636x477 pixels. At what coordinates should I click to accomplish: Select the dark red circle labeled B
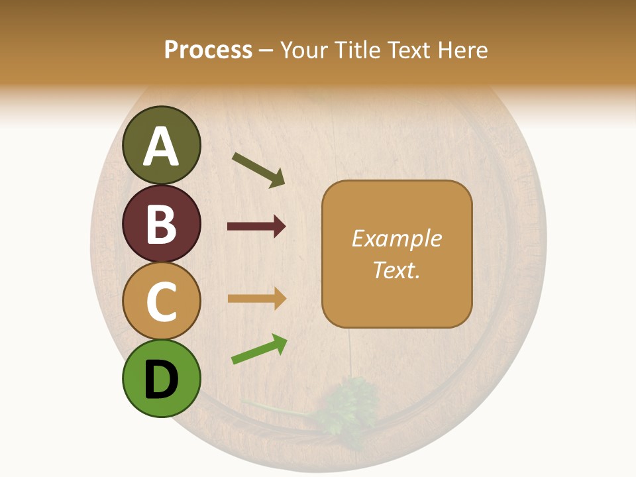pyautogui.click(x=162, y=223)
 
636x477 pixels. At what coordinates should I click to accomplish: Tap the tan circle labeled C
pyautogui.click(x=162, y=301)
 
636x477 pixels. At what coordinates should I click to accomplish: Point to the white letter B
pyautogui.click(x=162, y=224)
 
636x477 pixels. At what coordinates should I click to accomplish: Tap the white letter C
pyautogui.click(x=162, y=301)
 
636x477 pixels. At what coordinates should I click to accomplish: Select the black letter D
pyautogui.click(x=162, y=380)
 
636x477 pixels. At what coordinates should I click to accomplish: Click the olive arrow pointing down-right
pyautogui.click(x=258, y=170)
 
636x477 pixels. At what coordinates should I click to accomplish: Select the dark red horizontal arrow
pyautogui.click(x=256, y=227)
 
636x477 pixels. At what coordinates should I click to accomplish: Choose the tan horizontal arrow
pyautogui.click(x=256, y=299)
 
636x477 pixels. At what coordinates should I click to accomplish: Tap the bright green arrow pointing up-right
pyautogui.click(x=259, y=349)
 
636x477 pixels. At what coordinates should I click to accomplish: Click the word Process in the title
pyautogui.click(x=208, y=50)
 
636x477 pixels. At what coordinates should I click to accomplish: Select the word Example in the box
pyautogui.click(x=396, y=238)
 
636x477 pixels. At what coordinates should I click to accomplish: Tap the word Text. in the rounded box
pyautogui.click(x=396, y=270)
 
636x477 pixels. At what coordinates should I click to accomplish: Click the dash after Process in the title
pyautogui.click(x=266, y=50)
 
